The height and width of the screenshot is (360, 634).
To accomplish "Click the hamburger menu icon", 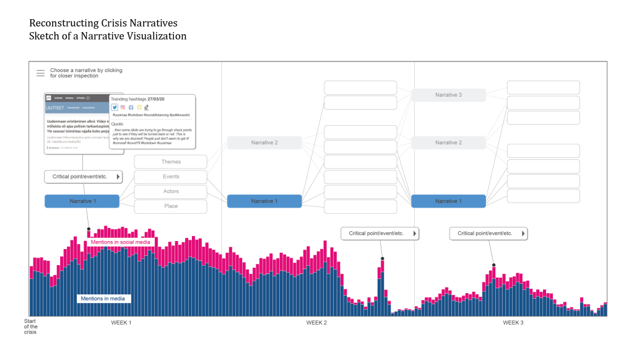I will (40, 73).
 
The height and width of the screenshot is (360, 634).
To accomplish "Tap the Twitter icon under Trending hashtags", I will (115, 107).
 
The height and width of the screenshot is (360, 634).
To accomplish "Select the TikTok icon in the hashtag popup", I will (147, 107).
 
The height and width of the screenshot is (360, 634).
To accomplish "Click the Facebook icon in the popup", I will (131, 107).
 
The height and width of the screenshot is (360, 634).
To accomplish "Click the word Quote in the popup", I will (118, 123).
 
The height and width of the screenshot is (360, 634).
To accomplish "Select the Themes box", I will (171, 162).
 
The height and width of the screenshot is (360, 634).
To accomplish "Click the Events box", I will (171, 177).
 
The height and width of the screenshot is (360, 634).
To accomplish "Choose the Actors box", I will (171, 191).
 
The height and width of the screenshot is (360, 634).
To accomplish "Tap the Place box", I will (171, 206).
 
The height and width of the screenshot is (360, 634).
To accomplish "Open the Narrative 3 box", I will (448, 95).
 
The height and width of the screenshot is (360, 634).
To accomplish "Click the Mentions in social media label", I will (120, 242).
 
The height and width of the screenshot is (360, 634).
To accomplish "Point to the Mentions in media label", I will (103, 299).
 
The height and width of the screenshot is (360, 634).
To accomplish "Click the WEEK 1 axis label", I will (121, 323).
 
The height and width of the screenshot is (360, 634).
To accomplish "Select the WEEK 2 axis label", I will (316, 323).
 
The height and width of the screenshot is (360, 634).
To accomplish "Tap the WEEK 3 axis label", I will (513, 323).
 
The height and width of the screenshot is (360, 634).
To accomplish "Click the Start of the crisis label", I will (30, 327).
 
